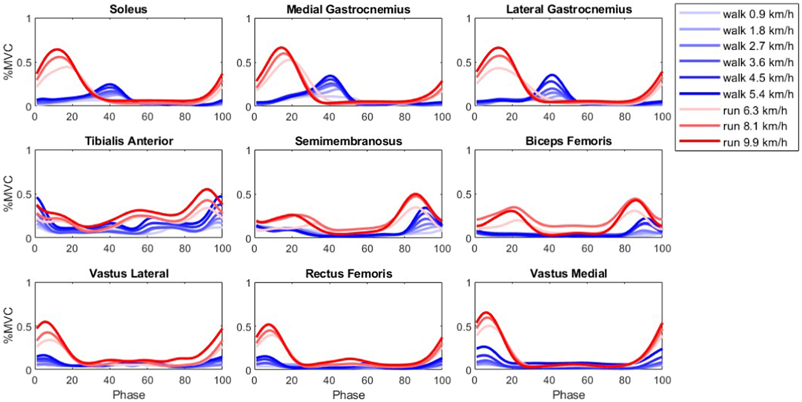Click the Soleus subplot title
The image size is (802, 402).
pyautogui.click(x=128, y=10)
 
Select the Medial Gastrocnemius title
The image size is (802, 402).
pyautogui.click(x=348, y=10)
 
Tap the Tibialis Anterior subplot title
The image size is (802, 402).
pyautogui.click(x=128, y=141)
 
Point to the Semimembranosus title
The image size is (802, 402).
pyautogui.click(x=348, y=141)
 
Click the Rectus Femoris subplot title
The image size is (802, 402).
pyautogui.click(x=348, y=274)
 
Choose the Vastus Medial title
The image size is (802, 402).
pyautogui.click(x=569, y=274)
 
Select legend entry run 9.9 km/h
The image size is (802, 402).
pyautogui.click(x=755, y=142)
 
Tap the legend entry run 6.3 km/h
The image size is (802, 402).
pyautogui.click(x=755, y=110)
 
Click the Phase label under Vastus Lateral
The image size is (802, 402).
pyautogui.click(x=128, y=395)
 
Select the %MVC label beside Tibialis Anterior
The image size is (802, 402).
pyautogui.click(x=9, y=194)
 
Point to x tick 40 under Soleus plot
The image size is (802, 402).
pyautogui.click(x=109, y=117)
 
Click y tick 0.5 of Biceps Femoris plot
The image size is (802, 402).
pyautogui.click(x=464, y=195)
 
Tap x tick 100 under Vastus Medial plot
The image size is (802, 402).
pyautogui.click(x=662, y=380)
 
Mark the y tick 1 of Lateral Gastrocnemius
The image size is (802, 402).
pyautogui.click(x=468, y=19)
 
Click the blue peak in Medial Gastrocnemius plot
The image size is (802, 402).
pyautogui.click(x=330, y=76)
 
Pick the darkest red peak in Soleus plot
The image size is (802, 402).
pyautogui.click(x=57, y=49)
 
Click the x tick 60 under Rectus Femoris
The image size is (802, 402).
pyautogui.click(x=367, y=380)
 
